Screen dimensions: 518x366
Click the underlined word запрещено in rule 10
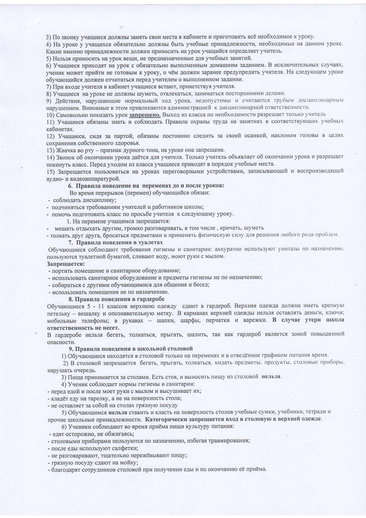[145, 115]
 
